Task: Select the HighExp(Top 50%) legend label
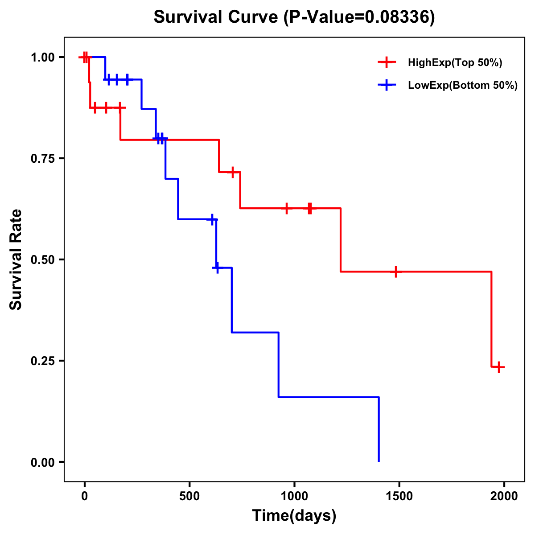455,63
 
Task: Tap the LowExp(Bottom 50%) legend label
463,86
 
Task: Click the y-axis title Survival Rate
16,259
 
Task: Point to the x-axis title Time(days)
294,516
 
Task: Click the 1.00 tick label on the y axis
42,57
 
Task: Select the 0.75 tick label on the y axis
42,158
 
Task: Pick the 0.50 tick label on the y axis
42,259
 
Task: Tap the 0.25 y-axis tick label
42,361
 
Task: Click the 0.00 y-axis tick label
42,462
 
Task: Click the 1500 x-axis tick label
399,497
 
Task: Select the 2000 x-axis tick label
504,497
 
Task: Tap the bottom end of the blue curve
379,461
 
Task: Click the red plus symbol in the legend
387,63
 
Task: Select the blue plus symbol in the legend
387,86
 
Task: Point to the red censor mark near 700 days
232,172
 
